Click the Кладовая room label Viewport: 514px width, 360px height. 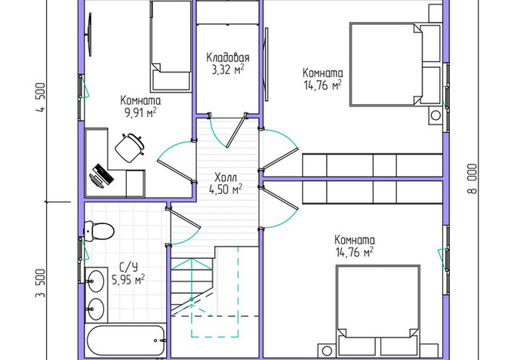227,57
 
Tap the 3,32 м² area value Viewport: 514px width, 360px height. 228,70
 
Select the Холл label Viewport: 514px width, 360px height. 226,177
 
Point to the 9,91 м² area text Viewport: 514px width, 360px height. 140,112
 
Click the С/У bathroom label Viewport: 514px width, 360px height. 128,268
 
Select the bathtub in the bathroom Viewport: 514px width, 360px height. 126,340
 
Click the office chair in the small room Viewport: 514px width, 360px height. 129,147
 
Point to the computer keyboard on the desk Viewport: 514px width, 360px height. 103,173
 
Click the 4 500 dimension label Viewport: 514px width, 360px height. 41,97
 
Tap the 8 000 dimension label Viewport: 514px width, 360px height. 472,179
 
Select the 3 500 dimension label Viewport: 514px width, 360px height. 41,283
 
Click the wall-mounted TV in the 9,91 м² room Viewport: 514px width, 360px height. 89,35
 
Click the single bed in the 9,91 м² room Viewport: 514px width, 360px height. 171,46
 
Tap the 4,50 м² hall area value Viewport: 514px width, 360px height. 226,189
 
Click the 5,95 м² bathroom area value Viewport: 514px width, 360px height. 128,280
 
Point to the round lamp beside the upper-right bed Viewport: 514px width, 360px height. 436,115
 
